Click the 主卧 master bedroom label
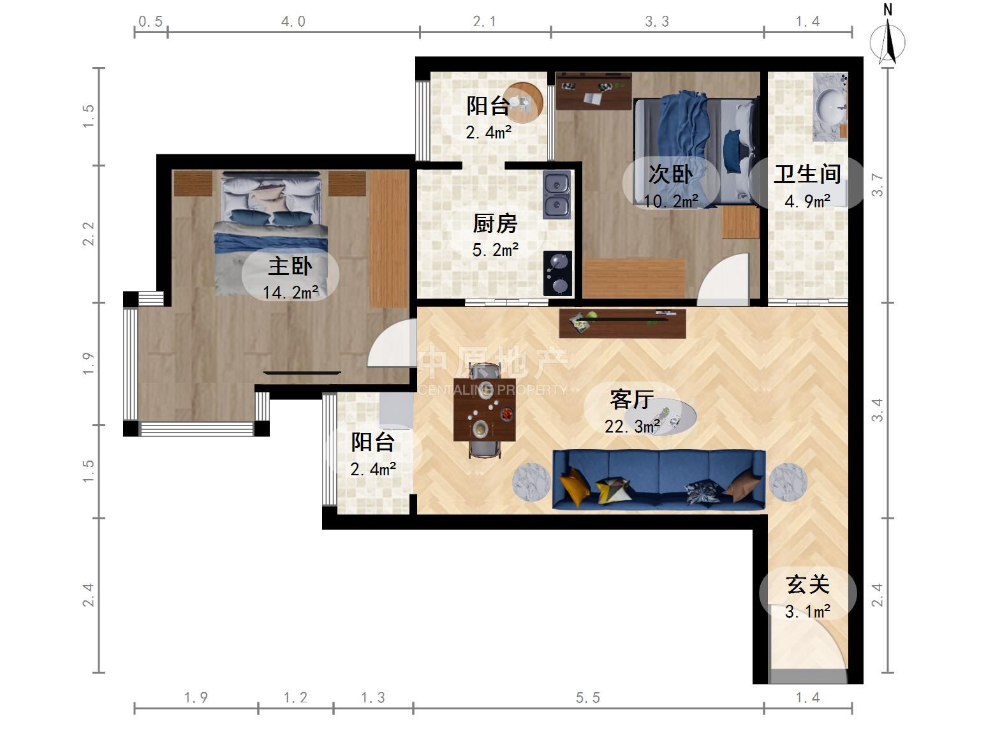(x=290, y=266)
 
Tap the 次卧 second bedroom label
(x=670, y=174)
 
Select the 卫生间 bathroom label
(x=807, y=174)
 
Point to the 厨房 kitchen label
(x=495, y=223)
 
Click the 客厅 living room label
(x=631, y=399)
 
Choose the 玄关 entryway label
(x=807, y=584)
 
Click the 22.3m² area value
(x=632, y=426)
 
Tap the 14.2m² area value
(x=290, y=293)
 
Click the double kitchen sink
(x=557, y=195)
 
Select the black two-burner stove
(x=557, y=273)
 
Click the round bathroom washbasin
(x=830, y=107)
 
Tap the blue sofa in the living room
(x=659, y=480)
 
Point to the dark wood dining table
(x=485, y=410)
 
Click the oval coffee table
(x=664, y=417)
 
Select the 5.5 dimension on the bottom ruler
(x=588, y=698)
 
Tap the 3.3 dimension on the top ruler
(x=657, y=21)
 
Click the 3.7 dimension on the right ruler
(x=878, y=185)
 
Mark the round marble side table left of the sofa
(x=531, y=482)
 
